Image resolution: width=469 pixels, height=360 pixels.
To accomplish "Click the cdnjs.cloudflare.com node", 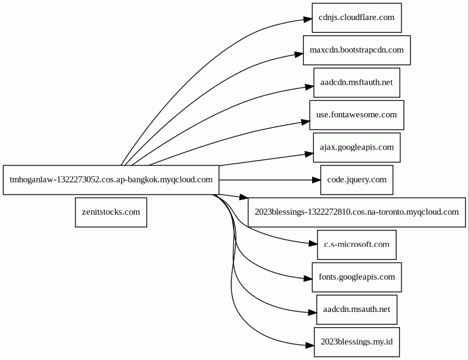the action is click(x=356, y=18).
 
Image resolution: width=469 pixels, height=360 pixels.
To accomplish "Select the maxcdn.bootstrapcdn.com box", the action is click(x=356, y=50).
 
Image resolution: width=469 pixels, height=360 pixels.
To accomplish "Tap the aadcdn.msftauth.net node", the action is click(x=356, y=83).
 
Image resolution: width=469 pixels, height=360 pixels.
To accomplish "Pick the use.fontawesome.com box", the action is click(x=356, y=115).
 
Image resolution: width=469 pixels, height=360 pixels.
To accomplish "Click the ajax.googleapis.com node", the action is click(x=356, y=147).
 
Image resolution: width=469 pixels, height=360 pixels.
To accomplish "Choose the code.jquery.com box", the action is click(x=356, y=180).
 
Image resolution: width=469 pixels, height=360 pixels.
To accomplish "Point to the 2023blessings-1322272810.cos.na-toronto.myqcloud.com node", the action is click(x=356, y=212).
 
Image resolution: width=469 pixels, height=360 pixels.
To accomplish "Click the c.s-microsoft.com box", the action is click(x=356, y=245).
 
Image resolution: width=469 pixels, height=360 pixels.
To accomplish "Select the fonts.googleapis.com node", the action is click(x=356, y=277).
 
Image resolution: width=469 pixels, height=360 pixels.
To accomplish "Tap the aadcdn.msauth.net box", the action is click(x=356, y=310).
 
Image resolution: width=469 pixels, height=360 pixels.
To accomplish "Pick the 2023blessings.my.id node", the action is click(x=356, y=342).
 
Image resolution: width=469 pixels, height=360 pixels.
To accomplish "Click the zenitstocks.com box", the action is click(x=111, y=212).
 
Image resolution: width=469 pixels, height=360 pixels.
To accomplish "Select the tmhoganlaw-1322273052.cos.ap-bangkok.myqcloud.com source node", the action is click(x=111, y=180).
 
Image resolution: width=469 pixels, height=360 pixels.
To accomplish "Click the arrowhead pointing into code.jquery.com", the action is click(x=316, y=180).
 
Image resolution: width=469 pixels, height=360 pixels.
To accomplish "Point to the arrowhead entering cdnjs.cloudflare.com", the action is click(x=308, y=19).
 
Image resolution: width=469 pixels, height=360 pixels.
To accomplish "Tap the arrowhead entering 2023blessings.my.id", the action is click(x=310, y=345).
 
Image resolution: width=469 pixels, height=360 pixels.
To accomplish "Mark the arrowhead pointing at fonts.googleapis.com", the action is click(x=308, y=279).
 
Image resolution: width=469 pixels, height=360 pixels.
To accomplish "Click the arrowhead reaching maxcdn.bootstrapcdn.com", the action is click(x=299, y=54).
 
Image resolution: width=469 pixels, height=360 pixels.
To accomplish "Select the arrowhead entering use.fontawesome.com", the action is click(x=306, y=122).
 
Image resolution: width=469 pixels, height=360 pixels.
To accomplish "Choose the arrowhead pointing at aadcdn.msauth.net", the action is click(x=313, y=313).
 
